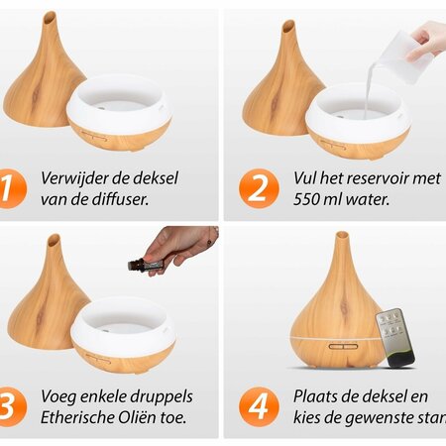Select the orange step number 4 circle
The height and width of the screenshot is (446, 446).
pos(256,405)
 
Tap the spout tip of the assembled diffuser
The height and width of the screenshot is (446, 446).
pos(341,237)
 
